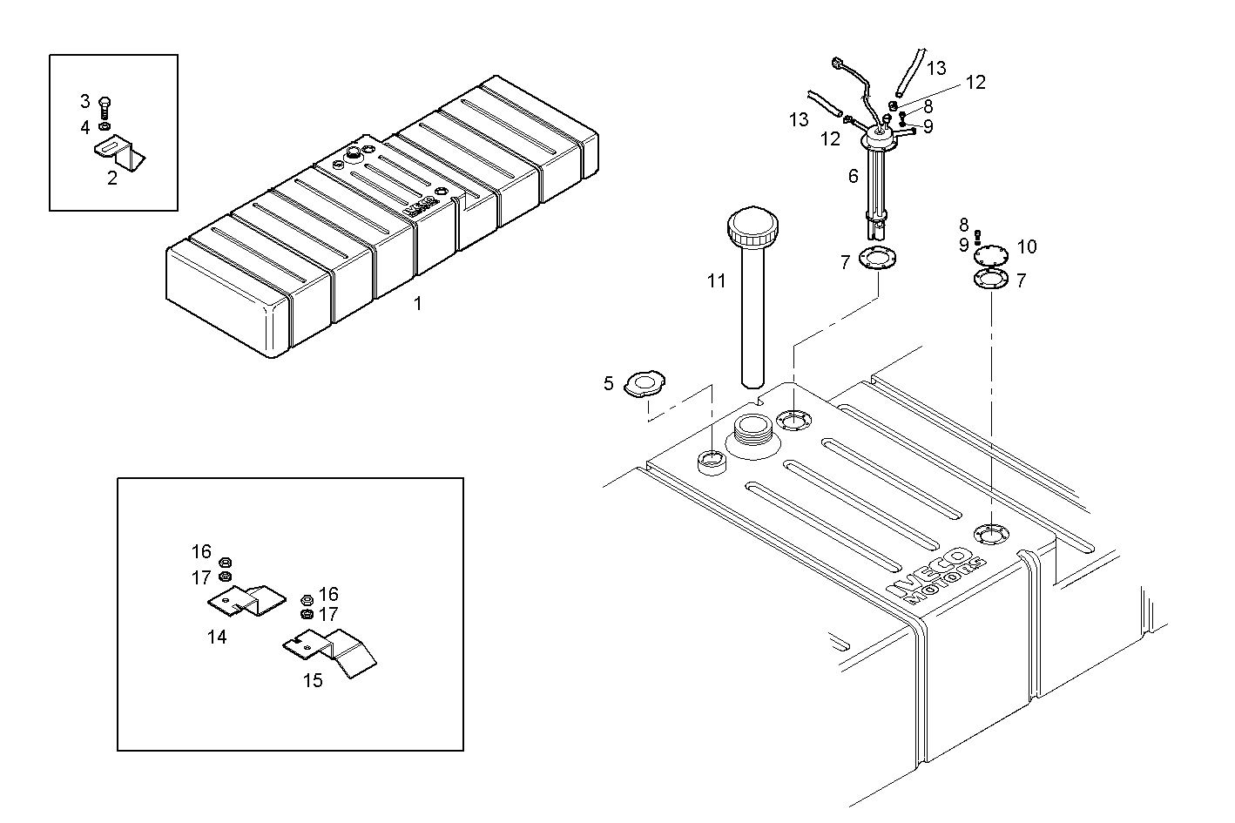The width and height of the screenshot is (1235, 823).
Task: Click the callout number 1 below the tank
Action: coord(417,304)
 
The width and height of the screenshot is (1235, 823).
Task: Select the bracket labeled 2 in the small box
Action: coord(120,156)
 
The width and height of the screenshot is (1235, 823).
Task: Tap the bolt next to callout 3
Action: coord(105,107)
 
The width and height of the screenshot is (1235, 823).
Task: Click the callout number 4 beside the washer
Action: coord(85,128)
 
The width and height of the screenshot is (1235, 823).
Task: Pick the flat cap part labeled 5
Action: coord(645,384)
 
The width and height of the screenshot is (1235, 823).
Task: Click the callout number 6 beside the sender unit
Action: coord(854,177)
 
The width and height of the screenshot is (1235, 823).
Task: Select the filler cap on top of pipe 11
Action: coord(750,228)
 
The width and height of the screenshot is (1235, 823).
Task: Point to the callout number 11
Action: coord(716,281)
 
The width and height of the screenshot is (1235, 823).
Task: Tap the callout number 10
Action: coord(1027,246)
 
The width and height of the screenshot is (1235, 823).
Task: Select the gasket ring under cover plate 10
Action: coord(991,280)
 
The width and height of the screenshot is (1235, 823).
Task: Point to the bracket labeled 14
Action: coord(247,599)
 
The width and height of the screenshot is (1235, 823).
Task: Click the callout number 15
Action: coord(313,680)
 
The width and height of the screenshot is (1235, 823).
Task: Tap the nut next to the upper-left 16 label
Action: coord(226,562)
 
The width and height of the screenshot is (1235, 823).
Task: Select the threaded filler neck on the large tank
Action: coord(751,430)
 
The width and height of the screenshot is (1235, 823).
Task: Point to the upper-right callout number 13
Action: coord(936,68)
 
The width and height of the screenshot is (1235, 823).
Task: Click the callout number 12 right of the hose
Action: coord(975,83)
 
